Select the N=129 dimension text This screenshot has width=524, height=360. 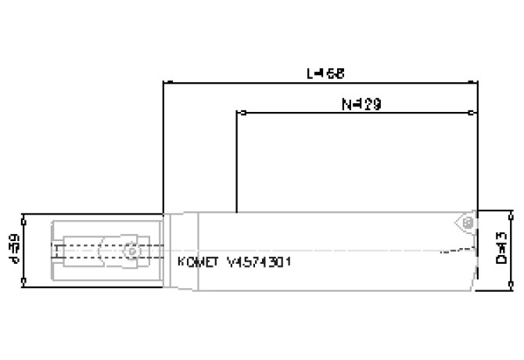click(361, 104)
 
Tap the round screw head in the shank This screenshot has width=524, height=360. click(129, 250)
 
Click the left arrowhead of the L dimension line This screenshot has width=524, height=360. click(164, 81)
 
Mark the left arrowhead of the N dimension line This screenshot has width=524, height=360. click(238, 113)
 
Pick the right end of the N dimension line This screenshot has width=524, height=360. click(476, 113)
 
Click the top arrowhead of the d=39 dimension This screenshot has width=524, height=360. click(27, 216)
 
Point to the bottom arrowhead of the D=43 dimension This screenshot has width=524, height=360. click(513, 288)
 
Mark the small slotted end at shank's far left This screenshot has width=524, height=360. click(56, 250)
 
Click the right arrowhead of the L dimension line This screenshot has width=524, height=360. click(476, 81)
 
